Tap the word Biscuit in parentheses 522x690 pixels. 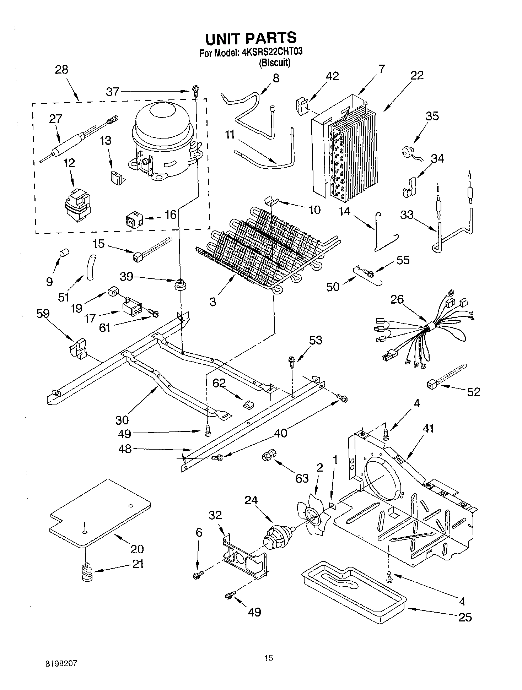pyautogui.click(x=274, y=63)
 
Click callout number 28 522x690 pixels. pyautogui.click(x=61, y=69)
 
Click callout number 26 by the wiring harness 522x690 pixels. pyautogui.click(x=397, y=299)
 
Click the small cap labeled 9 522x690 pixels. pyautogui.click(x=64, y=253)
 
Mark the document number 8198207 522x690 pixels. pyautogui.click(x=61, y=663)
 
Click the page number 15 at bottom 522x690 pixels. pyautogui.click(x=269, y=658)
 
